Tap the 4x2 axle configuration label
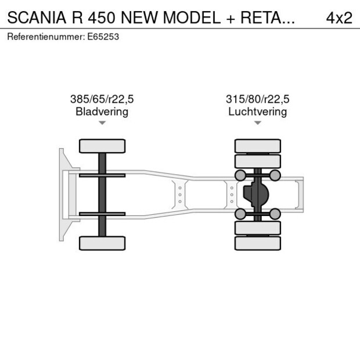coord(339,17)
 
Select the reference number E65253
coord(104,37)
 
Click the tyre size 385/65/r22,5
coord(102,99)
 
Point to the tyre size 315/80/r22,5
coord(258,99)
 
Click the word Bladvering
coord(102,111)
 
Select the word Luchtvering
coord(258,111)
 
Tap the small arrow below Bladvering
coord(102,123)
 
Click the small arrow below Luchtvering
coord(258,123)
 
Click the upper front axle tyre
coord(102,146)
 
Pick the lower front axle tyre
coord(102,243)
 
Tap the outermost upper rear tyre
coord(258,146)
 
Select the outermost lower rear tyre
coord(258,243)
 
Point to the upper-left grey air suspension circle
coord(240,175)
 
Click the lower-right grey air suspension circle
coord(275,214)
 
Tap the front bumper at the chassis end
coord(62,195)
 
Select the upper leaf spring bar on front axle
coord(102,175)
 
